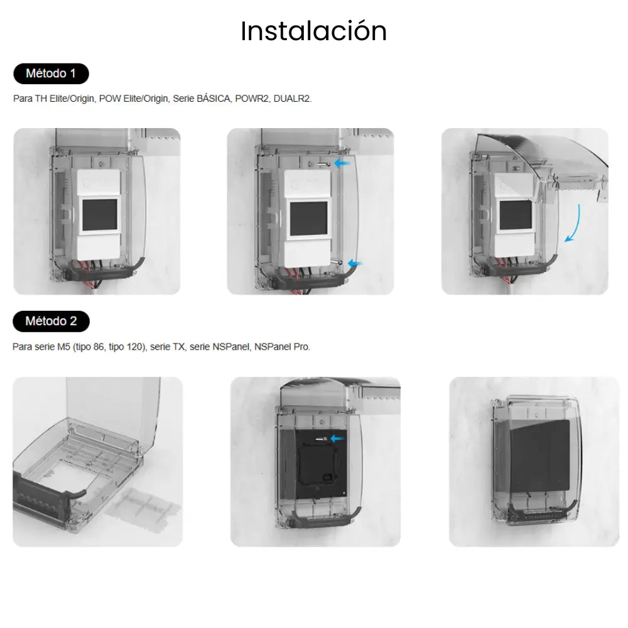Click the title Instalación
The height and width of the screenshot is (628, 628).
click(x=313, y=31)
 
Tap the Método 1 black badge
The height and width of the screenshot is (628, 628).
click(x=51, y=73)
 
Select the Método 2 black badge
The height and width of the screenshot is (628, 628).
click(x=51, y=321)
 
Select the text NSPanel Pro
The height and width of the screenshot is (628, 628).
click(x=283, y=346)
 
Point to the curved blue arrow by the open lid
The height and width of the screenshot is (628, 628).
click(x=573, y=223)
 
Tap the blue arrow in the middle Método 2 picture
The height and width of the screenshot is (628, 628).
click(x=337, y=438)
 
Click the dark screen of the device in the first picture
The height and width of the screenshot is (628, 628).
click(x=99, y=214)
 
